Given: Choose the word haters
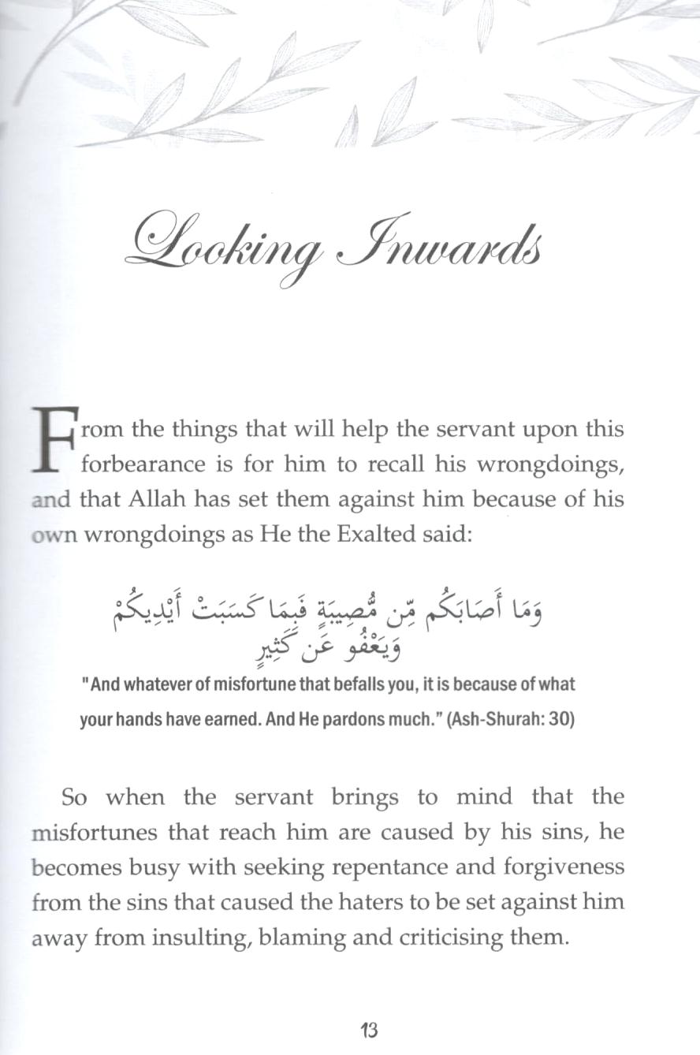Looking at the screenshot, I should coord(357,903).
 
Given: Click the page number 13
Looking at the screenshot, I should coord(370,1030).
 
